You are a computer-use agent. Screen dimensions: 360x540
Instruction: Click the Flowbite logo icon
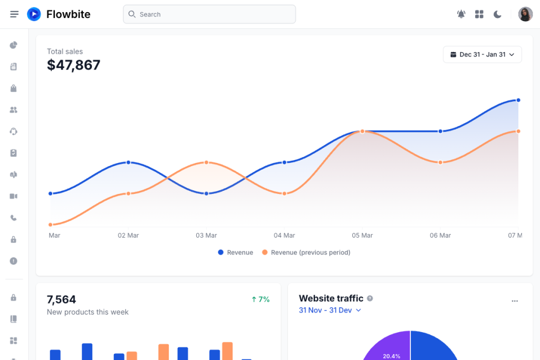click(x=34, y=14)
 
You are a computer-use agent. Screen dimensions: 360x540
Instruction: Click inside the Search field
click(x=209, y=14)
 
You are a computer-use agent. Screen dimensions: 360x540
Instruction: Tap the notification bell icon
click(x=461, y=14)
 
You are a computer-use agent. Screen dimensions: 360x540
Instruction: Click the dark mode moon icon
click(x=497, y=14)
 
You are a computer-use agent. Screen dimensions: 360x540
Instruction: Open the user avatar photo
click(x=525, y=14)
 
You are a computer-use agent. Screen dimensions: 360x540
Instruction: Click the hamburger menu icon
click(x=14, y=14)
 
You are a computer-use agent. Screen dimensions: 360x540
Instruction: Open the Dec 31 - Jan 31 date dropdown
click(x=482, y=54)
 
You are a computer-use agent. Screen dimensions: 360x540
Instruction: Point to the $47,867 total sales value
click(x=73, y=65)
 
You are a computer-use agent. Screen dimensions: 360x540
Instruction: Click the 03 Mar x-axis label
click(x=206, y=236)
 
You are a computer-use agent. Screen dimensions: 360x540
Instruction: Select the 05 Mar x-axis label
click(x=362, y=236)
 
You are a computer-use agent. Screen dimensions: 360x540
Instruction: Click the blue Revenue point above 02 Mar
click(x=128, y=162)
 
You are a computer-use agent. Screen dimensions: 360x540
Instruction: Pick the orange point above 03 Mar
click(x=206, y=162)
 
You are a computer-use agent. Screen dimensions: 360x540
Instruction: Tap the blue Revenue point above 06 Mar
click(x=440, y=131)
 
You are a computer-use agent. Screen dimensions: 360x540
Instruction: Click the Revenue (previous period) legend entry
click(x=306, y=252)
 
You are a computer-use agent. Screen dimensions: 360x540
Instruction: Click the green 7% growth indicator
click(x=261, y=299)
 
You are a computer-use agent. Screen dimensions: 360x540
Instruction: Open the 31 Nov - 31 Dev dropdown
click(x=330, y=310)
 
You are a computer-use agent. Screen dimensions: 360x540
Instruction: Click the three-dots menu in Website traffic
click(x=515, y=301)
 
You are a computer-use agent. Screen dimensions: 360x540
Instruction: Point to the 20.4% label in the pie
click(x=391, y=356)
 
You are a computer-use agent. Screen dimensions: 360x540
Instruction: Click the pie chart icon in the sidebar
click(x=14, y=45)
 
